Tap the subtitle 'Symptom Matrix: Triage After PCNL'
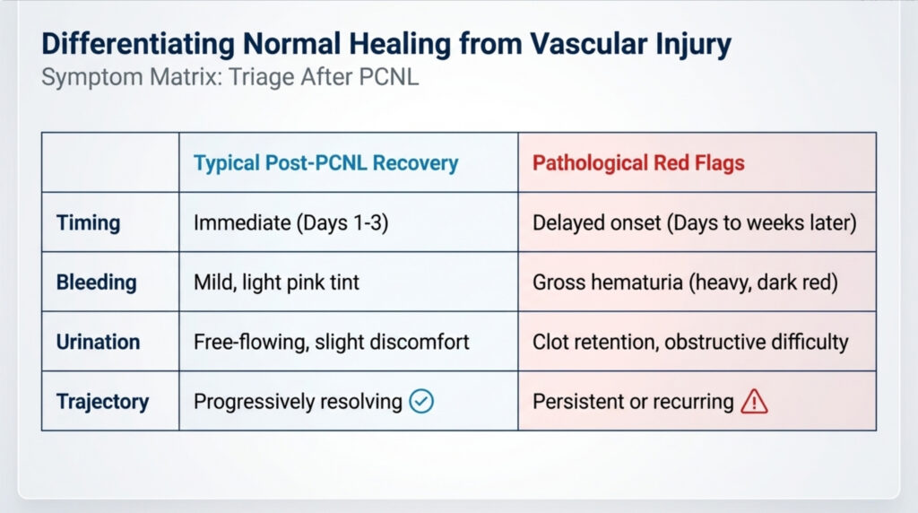click(230, 77)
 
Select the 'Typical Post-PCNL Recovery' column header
click(326, 163)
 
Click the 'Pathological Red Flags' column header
click(638, 163)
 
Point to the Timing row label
click(89, 223)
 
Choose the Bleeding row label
click(97, 283)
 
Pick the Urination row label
click(98, 342)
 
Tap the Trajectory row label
click(102, 402)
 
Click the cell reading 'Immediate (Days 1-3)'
click(291, 223)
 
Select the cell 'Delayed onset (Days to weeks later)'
click(695, 223)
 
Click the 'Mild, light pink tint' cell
click(276, 283)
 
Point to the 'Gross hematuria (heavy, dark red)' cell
click(685, 283)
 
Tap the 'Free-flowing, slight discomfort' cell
click(332, 342)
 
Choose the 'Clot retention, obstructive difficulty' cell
click(690, 342)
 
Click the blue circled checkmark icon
click(421, 401)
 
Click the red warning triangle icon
click(754, 402)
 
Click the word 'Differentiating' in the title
click(138, 45)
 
